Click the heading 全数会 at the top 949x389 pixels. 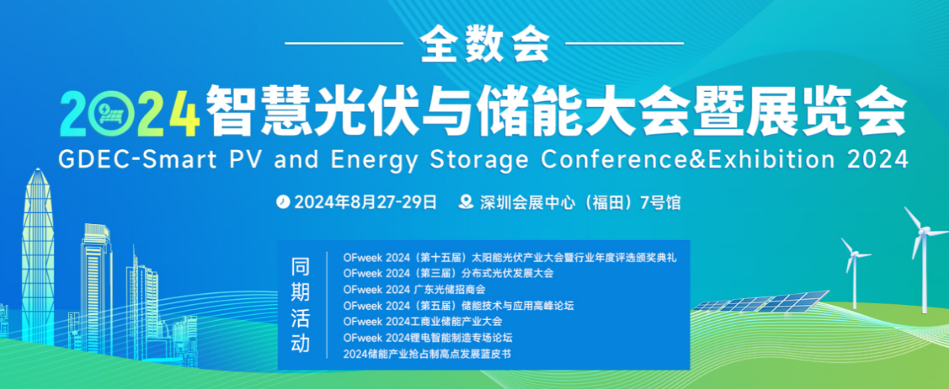point(484,46)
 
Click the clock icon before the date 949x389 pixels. point(282,202)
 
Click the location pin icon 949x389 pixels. point(467,202)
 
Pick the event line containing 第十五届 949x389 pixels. point(509,257)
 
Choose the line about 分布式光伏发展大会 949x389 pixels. point(448,273)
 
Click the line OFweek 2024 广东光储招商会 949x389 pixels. point(414,289)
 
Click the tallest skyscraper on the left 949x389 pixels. point(37,247)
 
